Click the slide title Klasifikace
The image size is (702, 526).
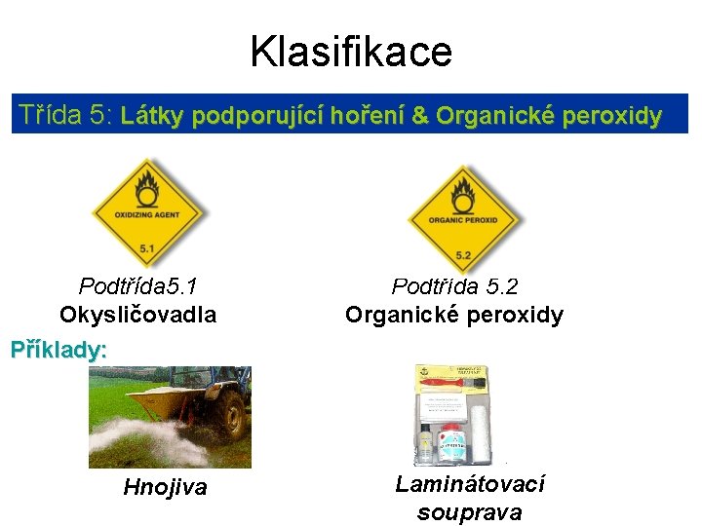point(350,51)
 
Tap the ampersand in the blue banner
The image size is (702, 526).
point(420,117)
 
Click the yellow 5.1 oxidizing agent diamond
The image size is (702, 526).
point(146,212)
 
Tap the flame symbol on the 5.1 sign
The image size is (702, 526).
point(146,185)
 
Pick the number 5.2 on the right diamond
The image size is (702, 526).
point(464,255)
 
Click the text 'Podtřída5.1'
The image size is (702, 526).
point(138,286)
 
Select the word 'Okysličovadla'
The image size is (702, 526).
point(137,315)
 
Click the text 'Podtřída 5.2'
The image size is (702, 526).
point(454,286)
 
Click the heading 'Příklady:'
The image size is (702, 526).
point(58,349)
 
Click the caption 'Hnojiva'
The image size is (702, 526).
point(165,487)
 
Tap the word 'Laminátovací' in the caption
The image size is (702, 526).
point(469,484)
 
